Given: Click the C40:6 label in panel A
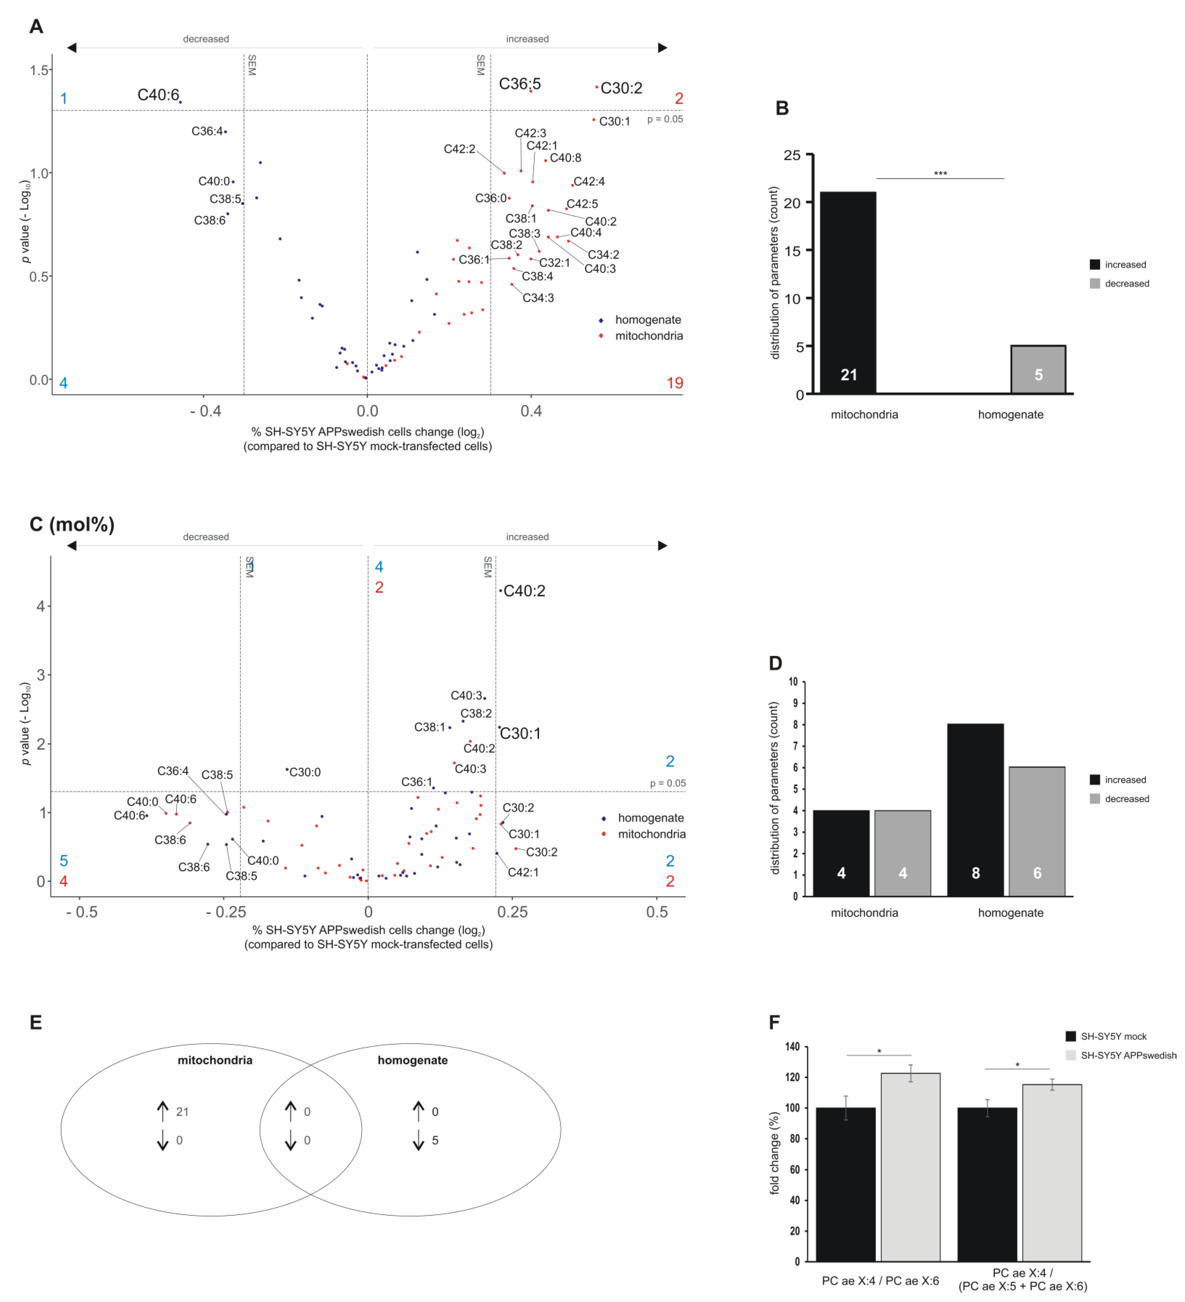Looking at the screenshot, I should [x=158, y=95].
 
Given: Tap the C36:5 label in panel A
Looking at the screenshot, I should [x=519, y=84].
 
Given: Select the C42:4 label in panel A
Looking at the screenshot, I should [x=589, y=181].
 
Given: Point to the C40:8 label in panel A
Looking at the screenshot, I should [x=565, y=158].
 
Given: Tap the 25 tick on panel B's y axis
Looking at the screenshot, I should [x=792, y=155].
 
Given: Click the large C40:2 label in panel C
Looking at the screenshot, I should [x=524, y=591].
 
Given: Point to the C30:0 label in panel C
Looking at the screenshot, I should [x=305, y=772].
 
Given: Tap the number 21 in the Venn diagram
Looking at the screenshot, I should [x=183, y=1111].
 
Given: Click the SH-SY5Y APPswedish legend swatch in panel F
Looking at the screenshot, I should [x=1071, y=1055].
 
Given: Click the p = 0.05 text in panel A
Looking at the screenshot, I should [x=665, y=119].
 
